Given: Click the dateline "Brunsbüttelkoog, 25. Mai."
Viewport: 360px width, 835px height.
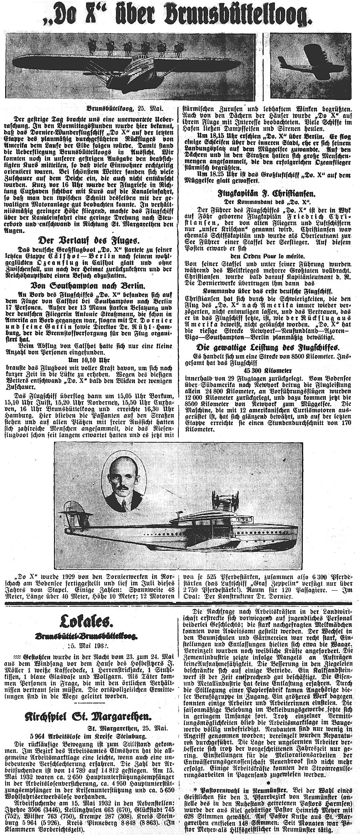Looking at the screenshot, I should click(x=124, y=108).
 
